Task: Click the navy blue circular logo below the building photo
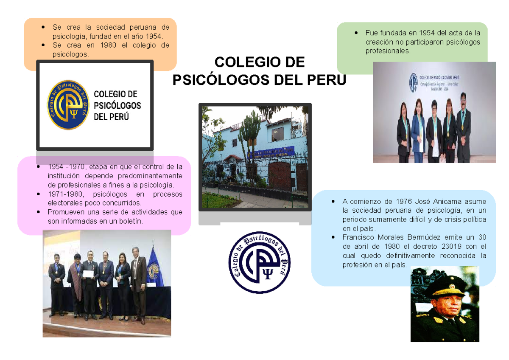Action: (260, 262)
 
